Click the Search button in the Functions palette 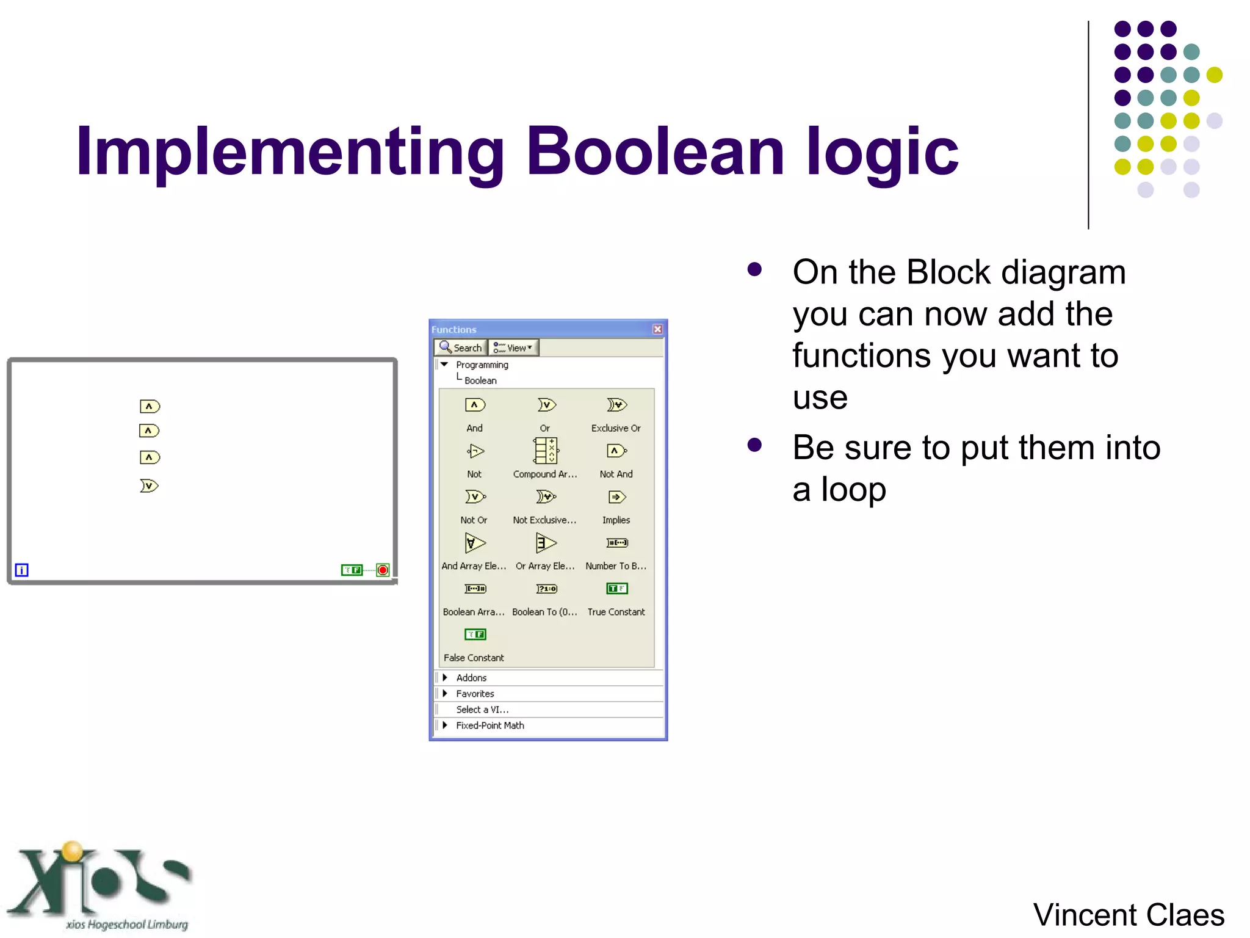(461, 347)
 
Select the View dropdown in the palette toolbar (513, 347)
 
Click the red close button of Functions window (657, 329)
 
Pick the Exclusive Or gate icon (616, 405)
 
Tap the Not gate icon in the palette (475, 451)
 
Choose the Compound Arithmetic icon (546, 451)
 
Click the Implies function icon (616, 497)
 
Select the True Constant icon (616, 589)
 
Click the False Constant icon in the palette (475, 634)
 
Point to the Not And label (616, 474)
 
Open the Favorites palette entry (475, 694)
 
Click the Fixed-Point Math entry (490, 725)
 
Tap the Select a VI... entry (482, 710)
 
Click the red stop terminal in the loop (383, 570)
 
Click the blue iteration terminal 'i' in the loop (21, 570)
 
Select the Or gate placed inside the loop (149, 486)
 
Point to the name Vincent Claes (1128, 915)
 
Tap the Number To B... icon (616, 543)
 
